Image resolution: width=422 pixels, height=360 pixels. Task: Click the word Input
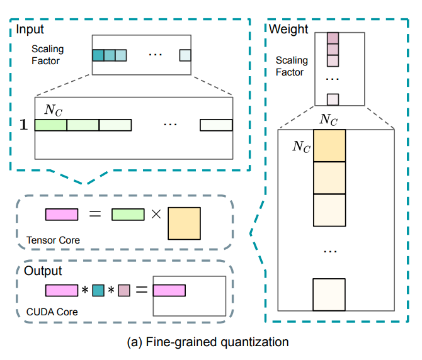pyautogui.click(x=30, y=30)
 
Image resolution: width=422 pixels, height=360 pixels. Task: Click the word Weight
pyautogui.click(x=288, y=29)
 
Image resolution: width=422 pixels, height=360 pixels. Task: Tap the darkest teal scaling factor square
pyautogui.click(x=98, y=55)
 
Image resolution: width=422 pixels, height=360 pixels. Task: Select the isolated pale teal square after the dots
pyautogui.click(x=185, y=55)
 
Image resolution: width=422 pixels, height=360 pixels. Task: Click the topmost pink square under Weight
pyautogui.click(x=333, y=38)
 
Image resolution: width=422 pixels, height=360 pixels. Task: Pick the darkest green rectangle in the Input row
pyautogui.click(x=51, y=125)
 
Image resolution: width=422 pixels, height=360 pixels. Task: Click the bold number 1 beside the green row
pyautogui.click(x=23, y=125)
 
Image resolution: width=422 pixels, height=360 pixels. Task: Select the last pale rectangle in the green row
pyautogui.click(x=216, y=125)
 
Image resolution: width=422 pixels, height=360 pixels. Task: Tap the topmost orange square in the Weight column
pyautogui.click(x=329, y=146)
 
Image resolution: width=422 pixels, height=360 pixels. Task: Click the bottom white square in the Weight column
pyautogui.click(x=329, y=295)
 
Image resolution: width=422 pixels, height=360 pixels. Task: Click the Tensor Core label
pyautogui.click(x=53, y=240)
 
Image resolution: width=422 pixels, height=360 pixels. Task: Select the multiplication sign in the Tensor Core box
pyautogui.click(x=156, y=214)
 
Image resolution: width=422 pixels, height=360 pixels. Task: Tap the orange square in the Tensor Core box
pyautogui.click(x=185, y=223)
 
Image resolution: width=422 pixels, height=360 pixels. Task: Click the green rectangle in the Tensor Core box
pyautogui.click(x=128, y=215)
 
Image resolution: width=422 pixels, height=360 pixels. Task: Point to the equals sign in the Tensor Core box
pyautogui.click(x=95, y=214)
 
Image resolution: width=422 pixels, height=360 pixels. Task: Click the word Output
pyautogui.click(x=43, y=271)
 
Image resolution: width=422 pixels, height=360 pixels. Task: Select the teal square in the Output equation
pyautogui.click(x=98, y=291)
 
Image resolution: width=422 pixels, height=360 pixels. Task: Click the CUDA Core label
pyautogui.click(x=52, y=312)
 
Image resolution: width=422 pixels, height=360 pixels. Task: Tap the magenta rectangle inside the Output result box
pyautogui.click(x=169, y=291)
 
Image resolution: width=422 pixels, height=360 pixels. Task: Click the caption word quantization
pyautogui.click(x=254, y=342)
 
